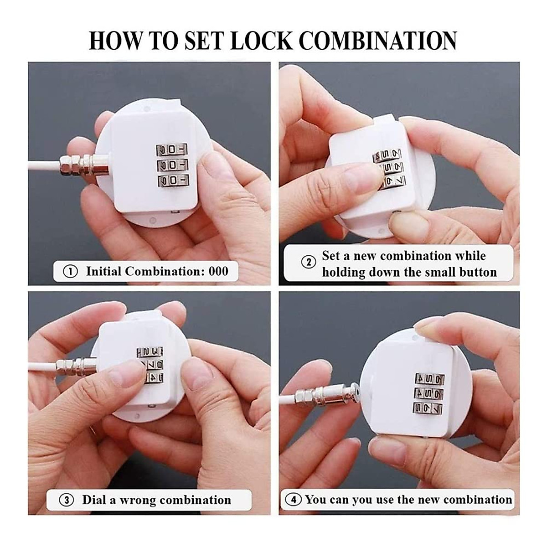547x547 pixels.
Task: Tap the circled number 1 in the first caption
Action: point(70,272)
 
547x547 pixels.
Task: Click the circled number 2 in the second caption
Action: point(309,263)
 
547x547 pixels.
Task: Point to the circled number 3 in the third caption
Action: point(67,500)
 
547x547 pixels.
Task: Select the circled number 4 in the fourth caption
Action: point(293,500)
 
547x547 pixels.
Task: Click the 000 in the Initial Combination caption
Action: point(218,271)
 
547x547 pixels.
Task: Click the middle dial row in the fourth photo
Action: point(429,393)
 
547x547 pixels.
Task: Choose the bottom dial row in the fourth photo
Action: point(428,408)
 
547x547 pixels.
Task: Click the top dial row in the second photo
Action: point(387,156)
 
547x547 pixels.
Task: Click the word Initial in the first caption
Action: point(103,272)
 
